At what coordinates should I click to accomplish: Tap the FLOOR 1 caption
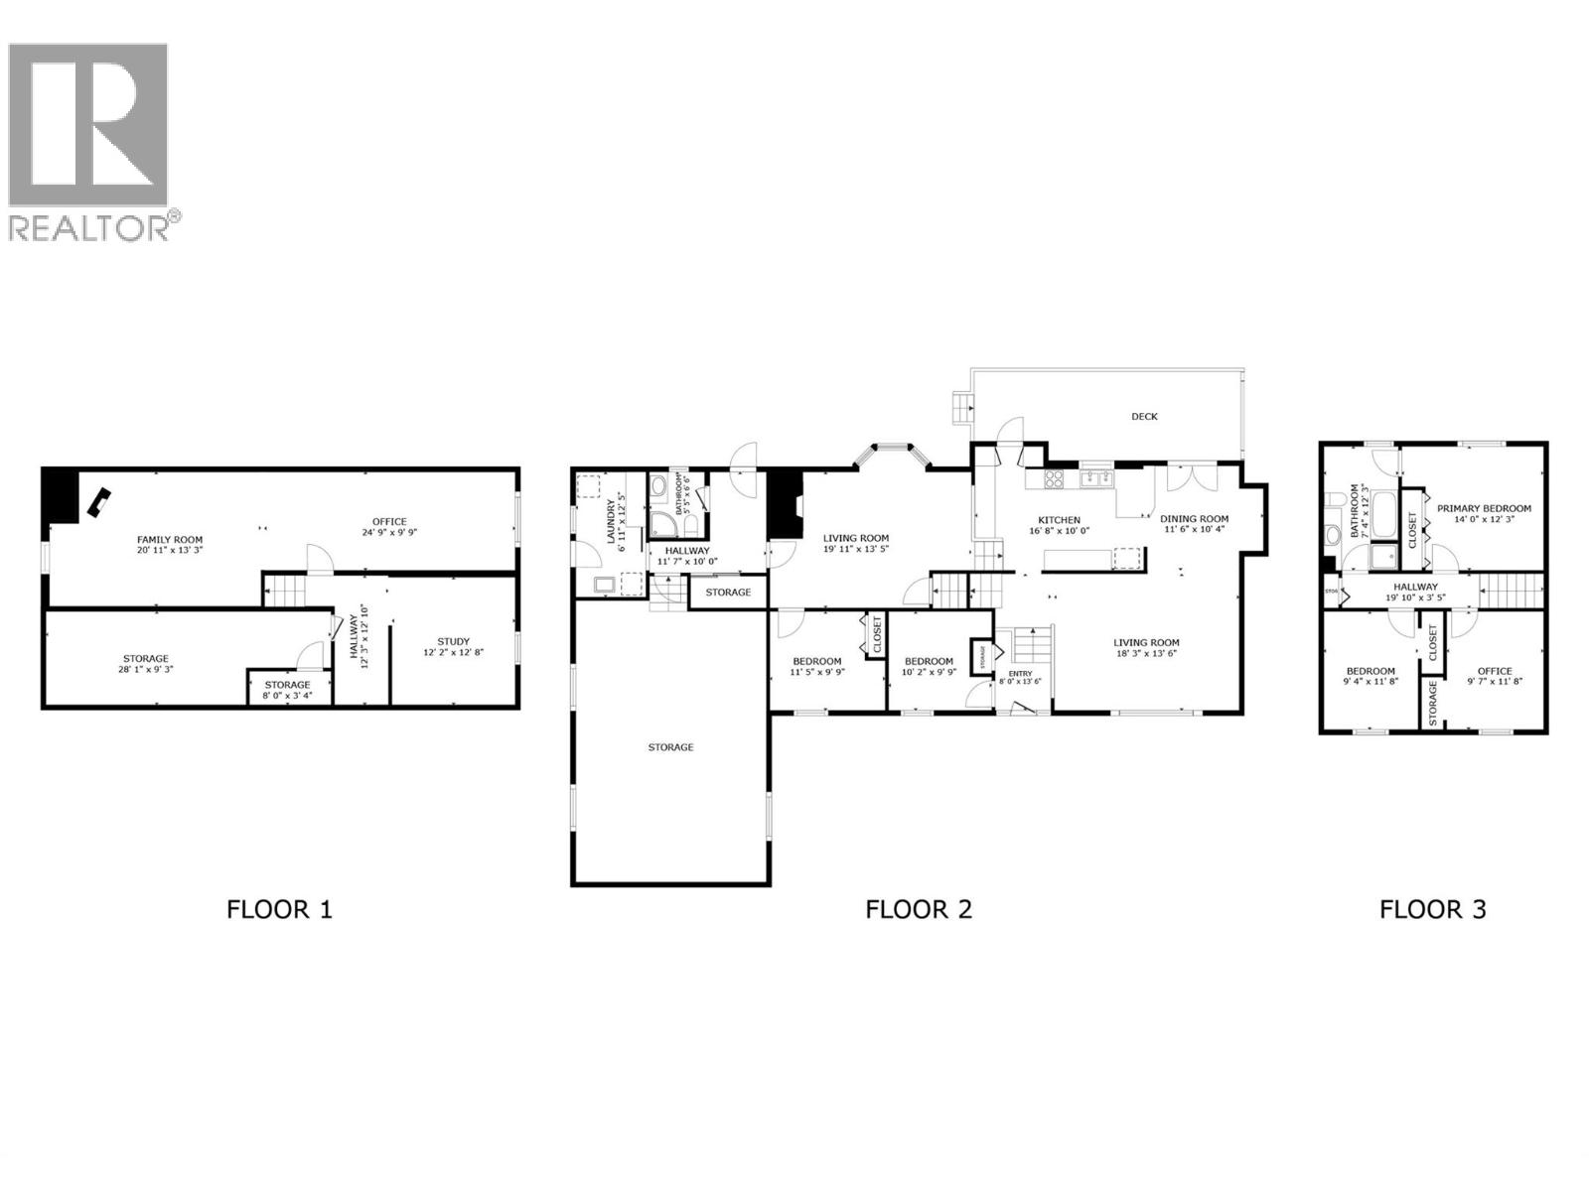click(x=279, y=908)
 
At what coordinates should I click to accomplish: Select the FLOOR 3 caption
click(x=1432, y=908)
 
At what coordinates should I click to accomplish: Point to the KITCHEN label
click(x=1059, y=520)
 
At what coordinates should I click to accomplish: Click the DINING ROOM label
click(x=1195, y=518)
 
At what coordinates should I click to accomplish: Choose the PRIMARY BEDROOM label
click(x=1484, y=508)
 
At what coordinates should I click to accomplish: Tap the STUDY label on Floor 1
click(x=454, y=641)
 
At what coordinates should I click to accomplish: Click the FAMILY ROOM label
click(x=170, y=540)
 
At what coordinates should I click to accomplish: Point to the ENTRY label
click(x=1020, y=673)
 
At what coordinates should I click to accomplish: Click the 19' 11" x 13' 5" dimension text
click(x=855, y=549)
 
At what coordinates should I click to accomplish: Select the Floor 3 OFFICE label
click(x=1494, y=671)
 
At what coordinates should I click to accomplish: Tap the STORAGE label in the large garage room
click(x=670, y=747)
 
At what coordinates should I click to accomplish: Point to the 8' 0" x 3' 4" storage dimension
click(x=288, y=695)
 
